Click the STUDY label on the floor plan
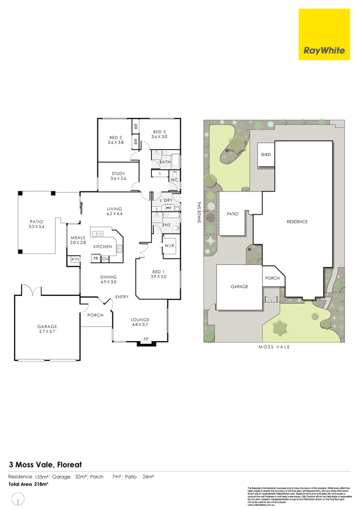tap(118, 176)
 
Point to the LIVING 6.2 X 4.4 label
tap(115, 211)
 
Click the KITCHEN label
tap(102, 246)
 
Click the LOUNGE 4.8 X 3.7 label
tap(140, 322)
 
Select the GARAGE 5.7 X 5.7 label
tap(47, 329)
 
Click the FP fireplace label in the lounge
tap(146, 338)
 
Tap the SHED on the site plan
tap(266, 154)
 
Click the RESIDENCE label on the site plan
tap(297, 221)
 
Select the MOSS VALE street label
tap(274, 347)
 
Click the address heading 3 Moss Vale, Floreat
tap(45, 463)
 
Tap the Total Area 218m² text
tap(28, 484)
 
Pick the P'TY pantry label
tap(75, 260)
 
